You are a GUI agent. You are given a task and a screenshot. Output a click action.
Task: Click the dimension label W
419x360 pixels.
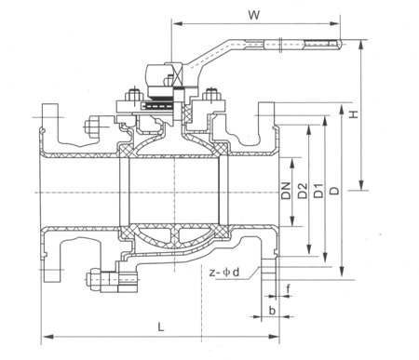tap(254, 15)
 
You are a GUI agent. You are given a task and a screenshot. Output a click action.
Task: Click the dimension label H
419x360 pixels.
tap(354, 114)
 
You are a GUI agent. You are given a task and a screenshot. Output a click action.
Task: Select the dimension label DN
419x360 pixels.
tap(286, 190)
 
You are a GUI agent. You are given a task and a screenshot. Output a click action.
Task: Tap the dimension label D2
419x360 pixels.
tap(303, 191)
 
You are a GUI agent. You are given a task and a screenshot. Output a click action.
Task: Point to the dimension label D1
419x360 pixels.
tap(318, 191)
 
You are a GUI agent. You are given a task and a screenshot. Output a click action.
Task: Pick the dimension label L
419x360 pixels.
tap(160, 327)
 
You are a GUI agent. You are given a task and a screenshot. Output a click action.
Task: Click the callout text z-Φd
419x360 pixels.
tap(224, 273)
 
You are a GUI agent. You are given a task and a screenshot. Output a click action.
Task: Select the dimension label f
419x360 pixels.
tap(288, 289)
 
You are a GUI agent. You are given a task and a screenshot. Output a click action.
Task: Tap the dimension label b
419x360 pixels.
tap(272, 311)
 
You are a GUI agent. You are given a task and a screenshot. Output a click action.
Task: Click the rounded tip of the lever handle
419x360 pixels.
tap(341, 44)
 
